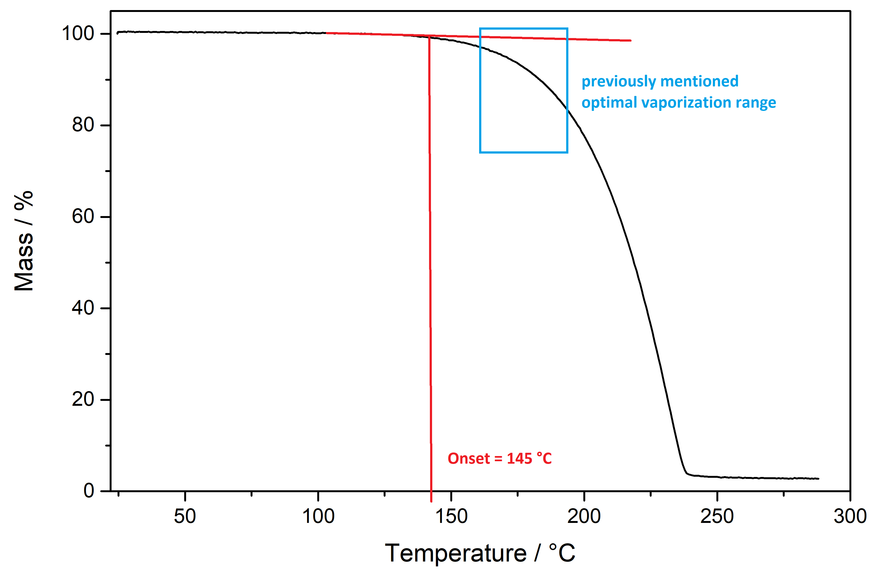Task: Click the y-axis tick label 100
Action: click(78, 34)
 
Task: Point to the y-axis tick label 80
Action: click(83, 125)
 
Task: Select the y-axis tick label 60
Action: click(83, 217)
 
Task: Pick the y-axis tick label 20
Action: click(83, 399)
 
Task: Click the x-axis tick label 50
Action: click(185, 517)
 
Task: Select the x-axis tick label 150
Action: click(451, 517)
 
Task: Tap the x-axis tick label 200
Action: click(584, 517)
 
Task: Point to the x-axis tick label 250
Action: click(717, 517)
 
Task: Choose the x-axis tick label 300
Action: click(850, 517)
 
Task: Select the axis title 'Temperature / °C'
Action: click(480, 553)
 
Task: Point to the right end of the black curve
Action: click(818, 479)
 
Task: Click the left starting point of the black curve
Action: click(117, 33)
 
